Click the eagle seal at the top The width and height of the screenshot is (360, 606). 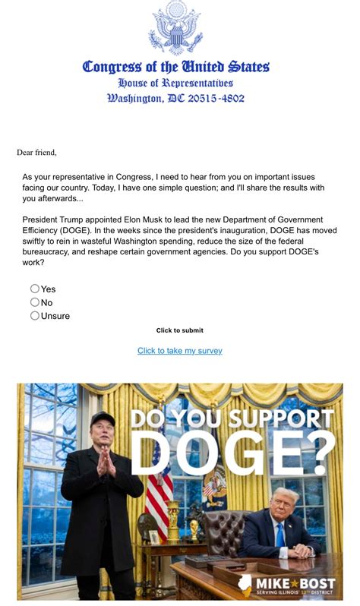(175, 28)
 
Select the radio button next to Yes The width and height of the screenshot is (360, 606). (35, 289)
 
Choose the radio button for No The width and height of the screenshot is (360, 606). (35, 302)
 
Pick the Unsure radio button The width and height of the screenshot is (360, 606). (35, 316)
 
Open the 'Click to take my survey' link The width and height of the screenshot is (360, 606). (180, 351)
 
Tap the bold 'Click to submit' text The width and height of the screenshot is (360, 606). (180, 330)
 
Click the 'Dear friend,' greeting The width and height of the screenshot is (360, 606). (36, 153)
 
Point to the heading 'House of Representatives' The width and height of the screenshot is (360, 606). (175, 83)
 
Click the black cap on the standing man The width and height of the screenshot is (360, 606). (103, 418)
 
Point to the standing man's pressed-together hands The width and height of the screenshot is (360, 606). (103, 460)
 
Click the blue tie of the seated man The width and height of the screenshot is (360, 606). (280, 535)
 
